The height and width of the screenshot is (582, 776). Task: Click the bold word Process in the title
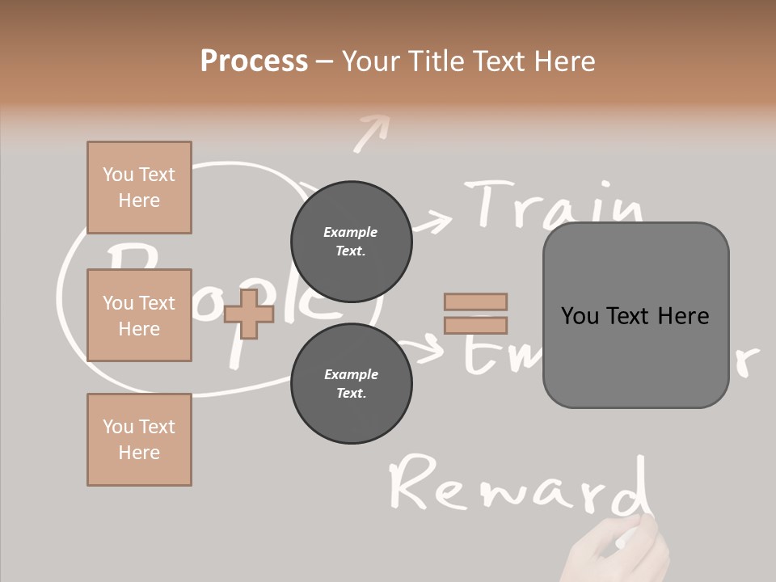point(254,61)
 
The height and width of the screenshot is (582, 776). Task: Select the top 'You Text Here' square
point(139,188)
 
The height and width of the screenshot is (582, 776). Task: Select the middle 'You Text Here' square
point(139,315)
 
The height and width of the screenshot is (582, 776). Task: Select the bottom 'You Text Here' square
point(139,440)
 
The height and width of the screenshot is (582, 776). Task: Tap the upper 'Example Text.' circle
point(351,241)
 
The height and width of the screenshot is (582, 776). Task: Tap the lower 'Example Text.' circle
point(351,383)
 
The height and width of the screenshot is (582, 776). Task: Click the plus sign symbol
point(249,314)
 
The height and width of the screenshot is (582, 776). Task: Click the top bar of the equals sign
point(475,302)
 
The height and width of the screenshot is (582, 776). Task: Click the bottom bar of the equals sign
point(475,326)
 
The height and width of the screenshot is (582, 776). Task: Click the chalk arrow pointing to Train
point(432,221)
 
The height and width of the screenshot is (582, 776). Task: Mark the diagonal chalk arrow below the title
point(371,132)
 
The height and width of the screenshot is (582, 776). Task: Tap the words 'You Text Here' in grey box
point(635,316)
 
